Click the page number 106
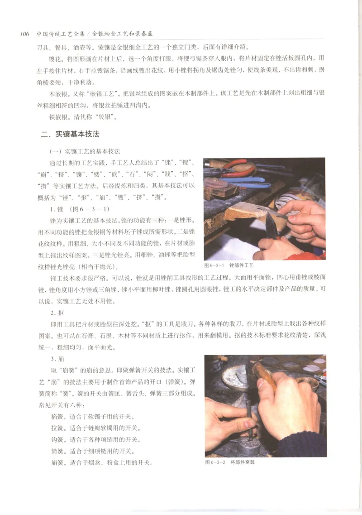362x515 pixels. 24,34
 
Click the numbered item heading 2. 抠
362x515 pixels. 57,313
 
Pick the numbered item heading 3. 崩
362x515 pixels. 57,360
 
